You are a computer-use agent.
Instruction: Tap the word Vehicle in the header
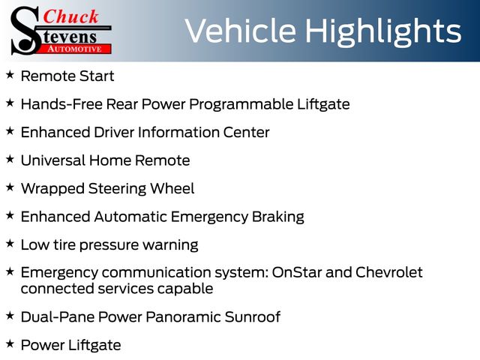[x=240, y=30]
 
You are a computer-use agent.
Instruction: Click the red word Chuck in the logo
[x=70, y=16]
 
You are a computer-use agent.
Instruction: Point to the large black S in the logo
[x=25, y=31]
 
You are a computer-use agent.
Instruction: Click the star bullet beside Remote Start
[x=10, y=74]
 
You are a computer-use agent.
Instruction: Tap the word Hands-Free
[x=61, y=104]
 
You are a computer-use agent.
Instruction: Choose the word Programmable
[x=241, y=105]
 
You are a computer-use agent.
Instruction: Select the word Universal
[x=53, y=160]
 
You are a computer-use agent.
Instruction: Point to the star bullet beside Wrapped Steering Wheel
[x=10, y=187]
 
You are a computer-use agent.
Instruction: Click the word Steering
[x=117, y=189]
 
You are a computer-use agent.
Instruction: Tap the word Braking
[x=278, y=217]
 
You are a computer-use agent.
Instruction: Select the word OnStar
[x=297, y=272]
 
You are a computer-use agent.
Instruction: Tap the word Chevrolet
[x=389, y=272]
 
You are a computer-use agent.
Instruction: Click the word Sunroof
[x=252, y=316]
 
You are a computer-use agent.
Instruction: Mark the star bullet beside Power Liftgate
[x=10, y=343]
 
